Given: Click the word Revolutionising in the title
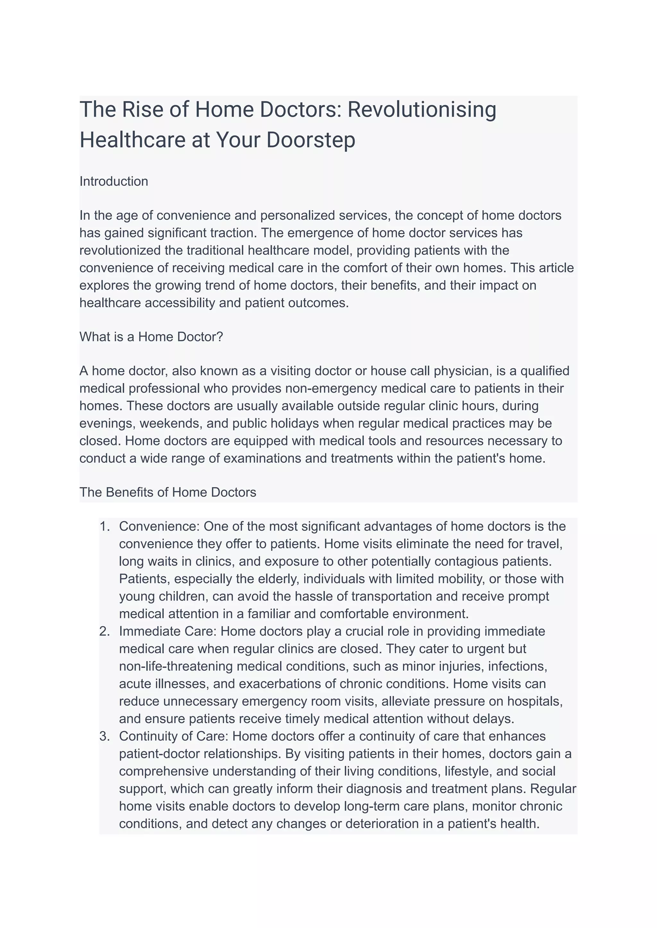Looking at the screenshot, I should coord(422,110).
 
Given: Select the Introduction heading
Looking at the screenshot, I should coord(114,181).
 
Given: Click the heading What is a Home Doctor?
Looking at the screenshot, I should coord(151,336).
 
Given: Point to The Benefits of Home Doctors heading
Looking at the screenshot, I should coord(168,492).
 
